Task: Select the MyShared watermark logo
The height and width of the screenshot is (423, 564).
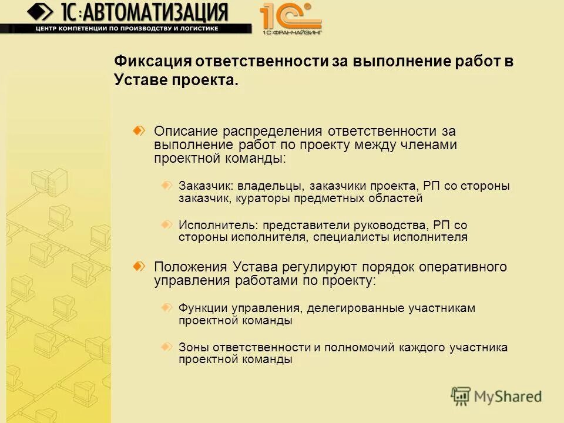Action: coord(496,395)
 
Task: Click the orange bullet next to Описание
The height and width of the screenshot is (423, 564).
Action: coord(139,130)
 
